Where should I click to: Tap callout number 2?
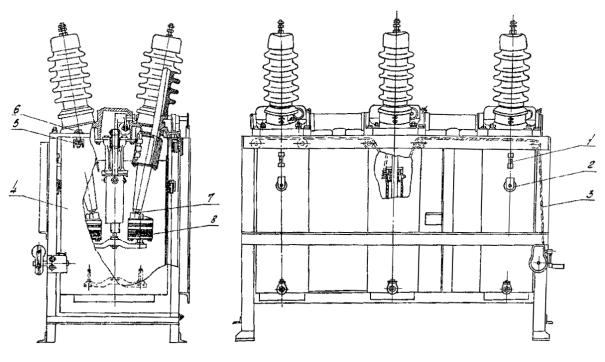coord(563,163)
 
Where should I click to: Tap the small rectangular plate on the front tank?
coord(432,218)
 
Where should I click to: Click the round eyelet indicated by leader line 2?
coord(512,185)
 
